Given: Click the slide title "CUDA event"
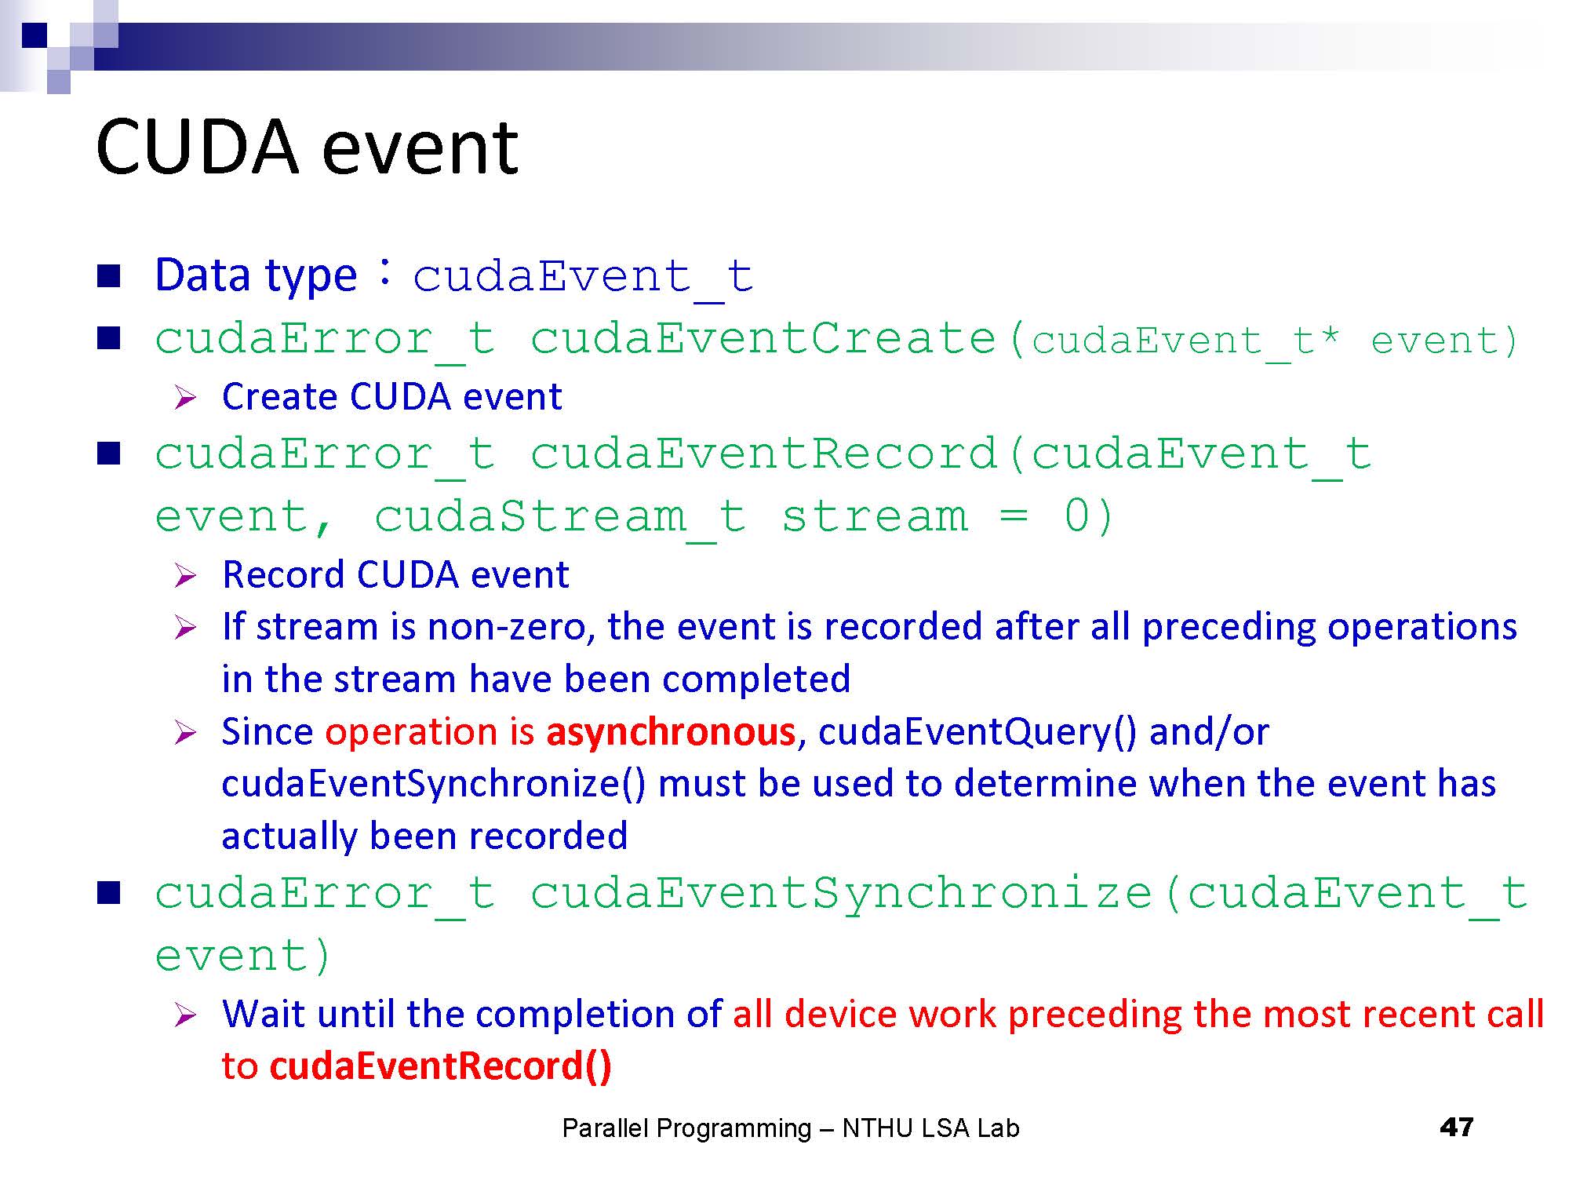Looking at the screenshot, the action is coord(307,147).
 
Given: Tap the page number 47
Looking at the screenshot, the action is coord(1457,1128).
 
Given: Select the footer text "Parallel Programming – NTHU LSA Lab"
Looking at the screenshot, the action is coord(791,1128).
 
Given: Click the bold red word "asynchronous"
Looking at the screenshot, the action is coord(671,731).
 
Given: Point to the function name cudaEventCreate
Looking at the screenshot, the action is coord(763,339).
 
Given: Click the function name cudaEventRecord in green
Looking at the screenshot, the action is coord(763,454).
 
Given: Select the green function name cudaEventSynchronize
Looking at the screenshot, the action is coord(841,895).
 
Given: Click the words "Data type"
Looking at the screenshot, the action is coord(256,275).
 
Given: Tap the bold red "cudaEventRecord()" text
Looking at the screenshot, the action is coord(440,1066).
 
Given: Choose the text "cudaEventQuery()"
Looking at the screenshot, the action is coord(977,732).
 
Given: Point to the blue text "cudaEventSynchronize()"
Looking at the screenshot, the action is coord(434,784).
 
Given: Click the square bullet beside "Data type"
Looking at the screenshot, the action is coord(108,275).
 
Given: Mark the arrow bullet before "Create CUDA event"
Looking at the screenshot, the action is coord(185,398).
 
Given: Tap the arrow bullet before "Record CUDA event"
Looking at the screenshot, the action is coord(185,576).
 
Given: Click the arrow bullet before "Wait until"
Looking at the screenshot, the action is coord(185,1015).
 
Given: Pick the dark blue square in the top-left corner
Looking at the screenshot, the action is coord(35,35).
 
